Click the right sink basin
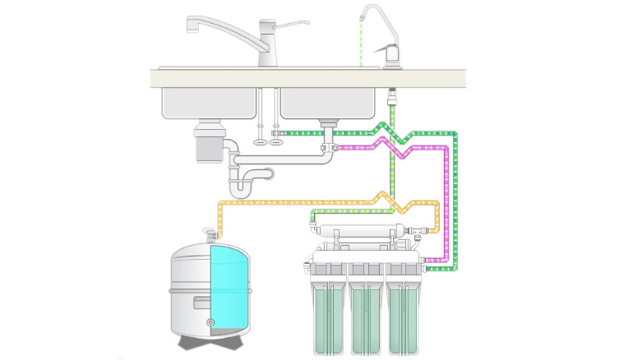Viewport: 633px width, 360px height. click(330, 102)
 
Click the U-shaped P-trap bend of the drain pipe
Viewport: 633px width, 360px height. click(241, 189)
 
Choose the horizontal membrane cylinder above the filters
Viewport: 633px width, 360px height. click(363, 228)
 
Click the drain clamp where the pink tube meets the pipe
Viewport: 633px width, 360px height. click(328, 149)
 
